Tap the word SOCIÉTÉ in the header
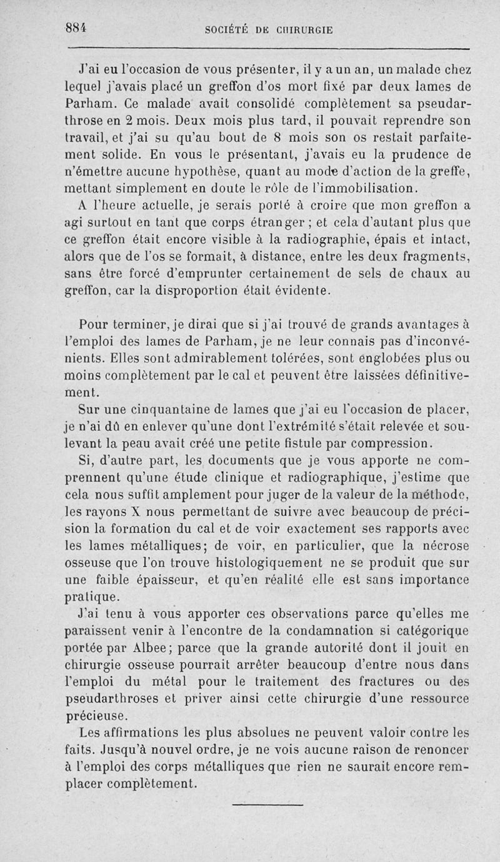227,29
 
